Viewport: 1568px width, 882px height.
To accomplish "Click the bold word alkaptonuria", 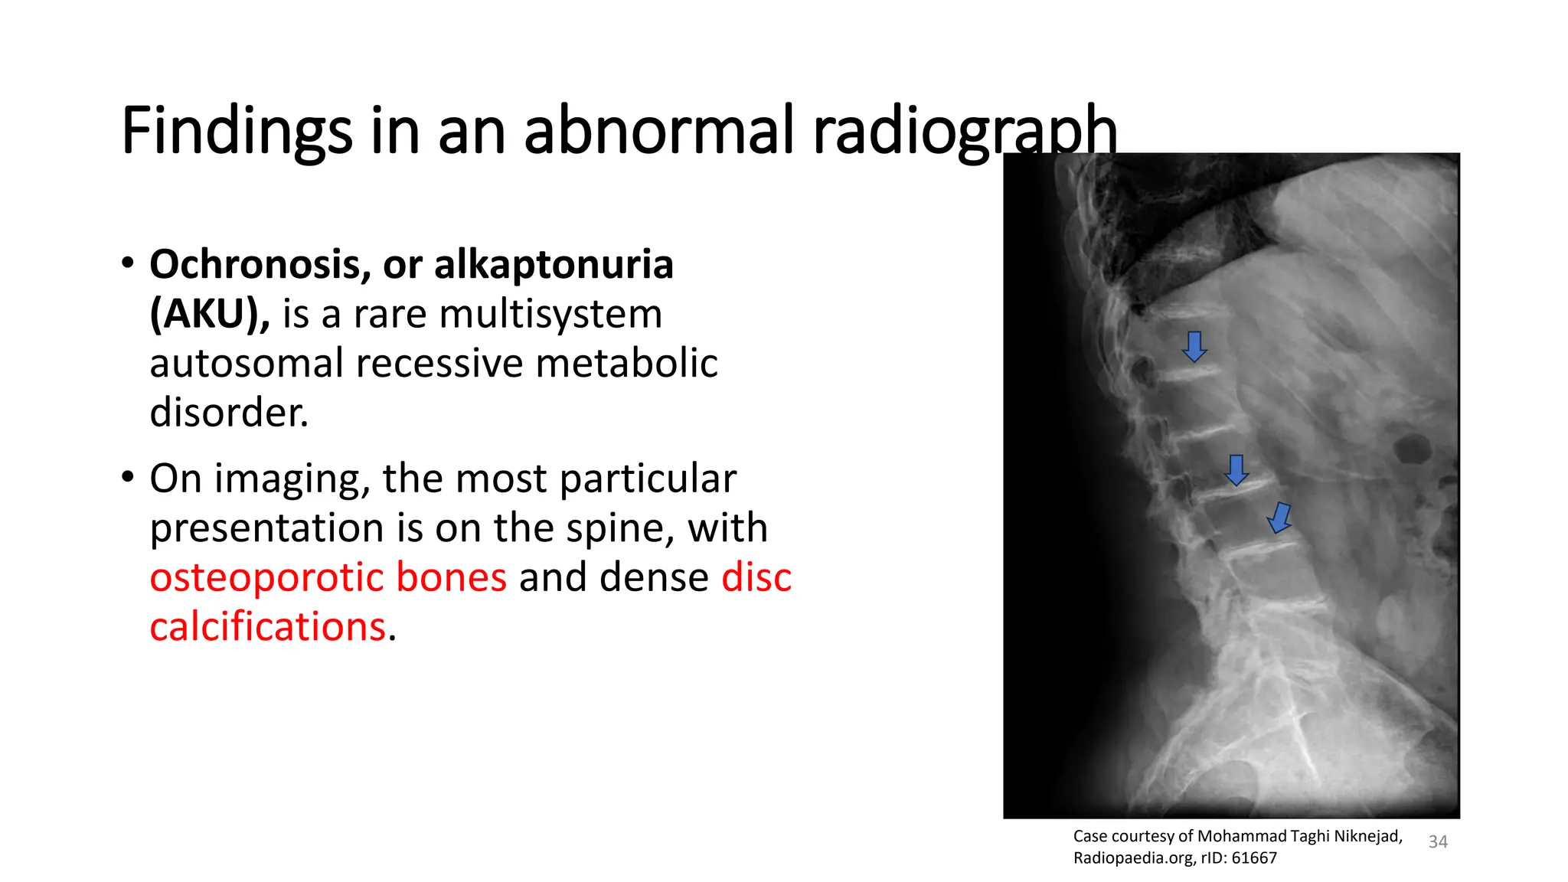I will pyautogui.click(x=554, y=265).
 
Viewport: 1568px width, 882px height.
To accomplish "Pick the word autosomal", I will pyautogui.click(x=247, y=363).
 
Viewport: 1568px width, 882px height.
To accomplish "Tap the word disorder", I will pyautogui.click(x=228, y=413).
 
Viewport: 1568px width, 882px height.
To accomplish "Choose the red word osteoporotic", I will pyautogui.click(x=328, y=577).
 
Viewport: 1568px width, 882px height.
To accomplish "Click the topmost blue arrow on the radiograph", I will pyautogui.click(x=1194, y=347).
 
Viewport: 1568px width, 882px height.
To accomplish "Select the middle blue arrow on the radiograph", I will pyautogui.click(x=1236, y=470).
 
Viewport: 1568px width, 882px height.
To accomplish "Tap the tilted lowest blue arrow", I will pyautogui.click(x=1279, y=518).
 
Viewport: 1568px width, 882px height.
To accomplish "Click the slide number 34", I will pyautogui.click(x=1438, y=842).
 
